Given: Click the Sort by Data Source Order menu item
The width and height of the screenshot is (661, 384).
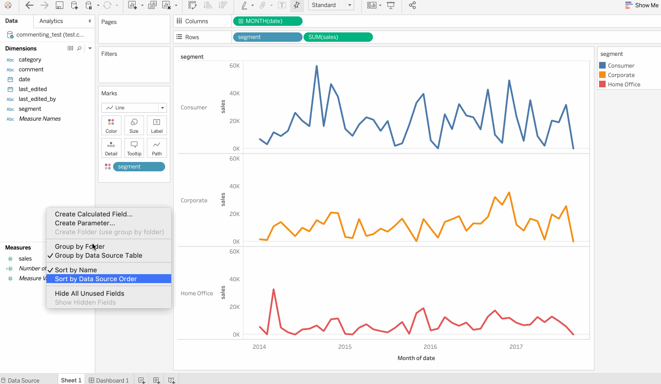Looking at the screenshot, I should coord(96,279).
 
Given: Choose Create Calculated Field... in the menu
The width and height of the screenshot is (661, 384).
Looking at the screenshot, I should coord(93,214).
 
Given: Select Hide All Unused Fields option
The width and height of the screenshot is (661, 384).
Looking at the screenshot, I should coord(89,293).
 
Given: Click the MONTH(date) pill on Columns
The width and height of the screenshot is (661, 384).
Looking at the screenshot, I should coord(268,21).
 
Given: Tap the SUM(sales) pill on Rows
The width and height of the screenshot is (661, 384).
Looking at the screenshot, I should coord(338,37).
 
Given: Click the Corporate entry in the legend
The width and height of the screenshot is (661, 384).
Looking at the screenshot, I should coord(621,75).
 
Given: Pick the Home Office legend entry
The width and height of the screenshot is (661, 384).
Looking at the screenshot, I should coord(623,84).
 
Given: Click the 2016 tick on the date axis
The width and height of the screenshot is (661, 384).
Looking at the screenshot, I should coord(430,347).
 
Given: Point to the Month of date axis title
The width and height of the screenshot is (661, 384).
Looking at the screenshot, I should coord(416,358).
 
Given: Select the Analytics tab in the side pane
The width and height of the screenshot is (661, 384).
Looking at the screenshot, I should coord(51,21).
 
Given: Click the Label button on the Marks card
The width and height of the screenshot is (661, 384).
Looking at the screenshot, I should coord(157,125).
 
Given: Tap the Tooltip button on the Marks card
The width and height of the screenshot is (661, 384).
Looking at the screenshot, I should coord(134,148).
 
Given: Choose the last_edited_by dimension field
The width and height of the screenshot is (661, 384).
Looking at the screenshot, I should coord(37,99).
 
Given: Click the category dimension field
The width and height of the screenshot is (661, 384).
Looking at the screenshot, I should coord(30,60).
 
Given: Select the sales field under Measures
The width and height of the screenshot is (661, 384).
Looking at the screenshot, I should coord(25,259).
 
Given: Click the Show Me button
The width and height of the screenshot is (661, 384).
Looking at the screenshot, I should coord(642,5).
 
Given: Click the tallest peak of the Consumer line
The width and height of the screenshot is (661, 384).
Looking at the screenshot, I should coord(317,66).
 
